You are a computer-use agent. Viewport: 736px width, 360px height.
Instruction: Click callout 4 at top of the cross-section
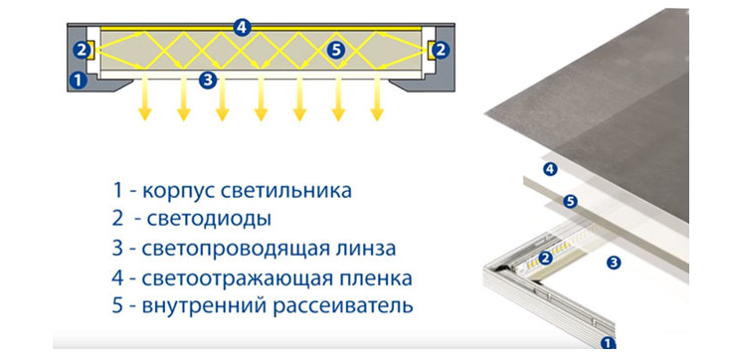(243, 27)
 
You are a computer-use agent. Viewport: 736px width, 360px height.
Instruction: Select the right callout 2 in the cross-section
(441, 49)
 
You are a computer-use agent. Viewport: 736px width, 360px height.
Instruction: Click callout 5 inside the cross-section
(336, 48)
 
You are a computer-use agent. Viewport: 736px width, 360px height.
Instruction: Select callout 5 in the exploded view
(571, 202)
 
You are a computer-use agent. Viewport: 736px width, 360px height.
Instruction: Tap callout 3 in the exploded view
(614, 263)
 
